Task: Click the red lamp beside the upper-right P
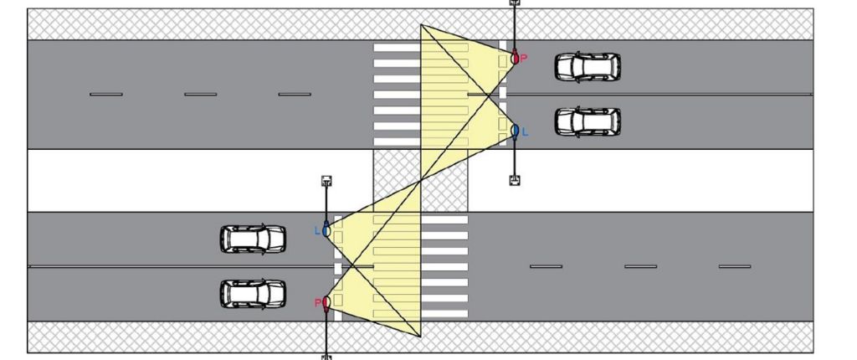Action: click(x=515, y=57)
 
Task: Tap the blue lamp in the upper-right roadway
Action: click(x=515, y=131)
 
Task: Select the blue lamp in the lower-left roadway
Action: click(x=326, y=230)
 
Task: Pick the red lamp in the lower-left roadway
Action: click(x=326, y=302)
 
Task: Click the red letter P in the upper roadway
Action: click(x=523, y=59)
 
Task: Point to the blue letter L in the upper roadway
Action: click(x=526, y=131)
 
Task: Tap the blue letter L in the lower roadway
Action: click(x=317, y=231)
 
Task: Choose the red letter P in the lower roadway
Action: click(x=317, y=302)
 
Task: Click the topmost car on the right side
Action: click(x=588, y=67)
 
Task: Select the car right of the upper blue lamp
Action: click(x=588, y=121)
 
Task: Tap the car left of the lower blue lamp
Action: click(x=253, y=239)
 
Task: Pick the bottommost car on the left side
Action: click(x=253, y=294)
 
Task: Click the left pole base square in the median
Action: click(x=326, y=181)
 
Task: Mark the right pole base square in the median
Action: click(x=515, y=180)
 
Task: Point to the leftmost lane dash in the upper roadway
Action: click(x=106, y=95)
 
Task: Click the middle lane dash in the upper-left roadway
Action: click(x=201, y=95)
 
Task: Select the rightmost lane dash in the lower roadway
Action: click(x=735, y=266)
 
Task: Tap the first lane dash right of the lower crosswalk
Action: click(x=546, y=266)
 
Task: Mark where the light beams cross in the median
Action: click(x=420, y=181)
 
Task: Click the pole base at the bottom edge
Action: click(x=326, y=357)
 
